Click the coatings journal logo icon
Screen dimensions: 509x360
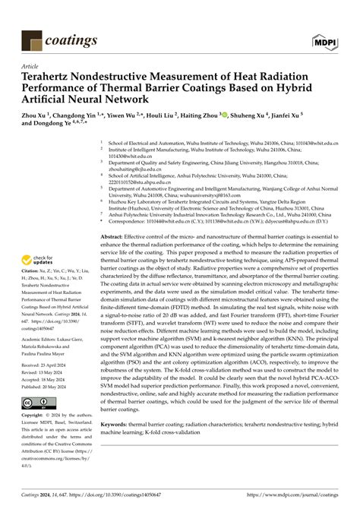[x=31, y=39]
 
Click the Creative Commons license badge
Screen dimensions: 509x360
[x=37, y=401]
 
